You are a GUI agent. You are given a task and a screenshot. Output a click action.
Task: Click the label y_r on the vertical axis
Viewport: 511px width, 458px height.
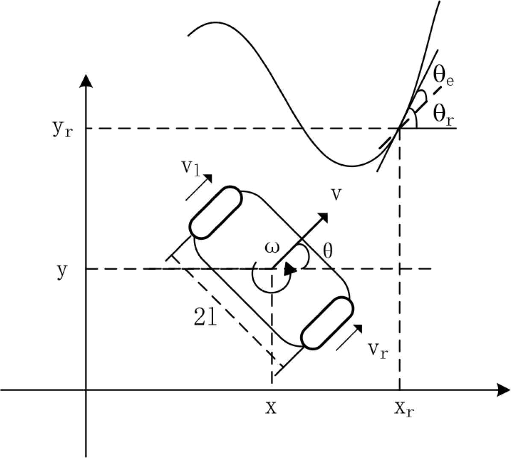click(x=62, y=129)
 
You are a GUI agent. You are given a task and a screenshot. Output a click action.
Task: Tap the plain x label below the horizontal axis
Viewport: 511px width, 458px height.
click(x=271, y=407)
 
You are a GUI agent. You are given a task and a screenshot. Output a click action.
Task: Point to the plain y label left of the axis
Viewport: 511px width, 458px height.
click(x=62, y=272)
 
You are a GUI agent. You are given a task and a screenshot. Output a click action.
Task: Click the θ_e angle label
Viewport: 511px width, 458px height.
click(x=443, y=77)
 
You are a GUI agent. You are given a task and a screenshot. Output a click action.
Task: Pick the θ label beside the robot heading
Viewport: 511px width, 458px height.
click(x=328, y=251)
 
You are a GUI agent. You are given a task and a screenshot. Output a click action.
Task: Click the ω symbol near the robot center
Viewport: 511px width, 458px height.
click(x=272, y=248)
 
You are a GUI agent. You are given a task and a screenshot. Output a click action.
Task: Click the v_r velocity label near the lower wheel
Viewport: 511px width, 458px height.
click(x=379, y=351)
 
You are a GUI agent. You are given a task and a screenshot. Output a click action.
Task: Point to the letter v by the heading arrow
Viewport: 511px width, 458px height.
click(x=336, y=195)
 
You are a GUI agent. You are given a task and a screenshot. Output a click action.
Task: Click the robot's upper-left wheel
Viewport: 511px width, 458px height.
click(x=216, y=213)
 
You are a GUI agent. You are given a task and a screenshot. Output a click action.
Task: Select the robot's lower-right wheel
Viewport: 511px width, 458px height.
click(x=327, y=323)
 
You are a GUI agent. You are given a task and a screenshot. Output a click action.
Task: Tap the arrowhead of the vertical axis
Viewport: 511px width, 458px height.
click(x=86, y=81)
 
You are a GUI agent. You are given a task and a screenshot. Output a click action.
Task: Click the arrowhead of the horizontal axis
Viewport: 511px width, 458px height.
click(x=503, y=390)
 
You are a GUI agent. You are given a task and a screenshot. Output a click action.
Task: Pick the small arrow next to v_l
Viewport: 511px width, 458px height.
click(x=199, y=186)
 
